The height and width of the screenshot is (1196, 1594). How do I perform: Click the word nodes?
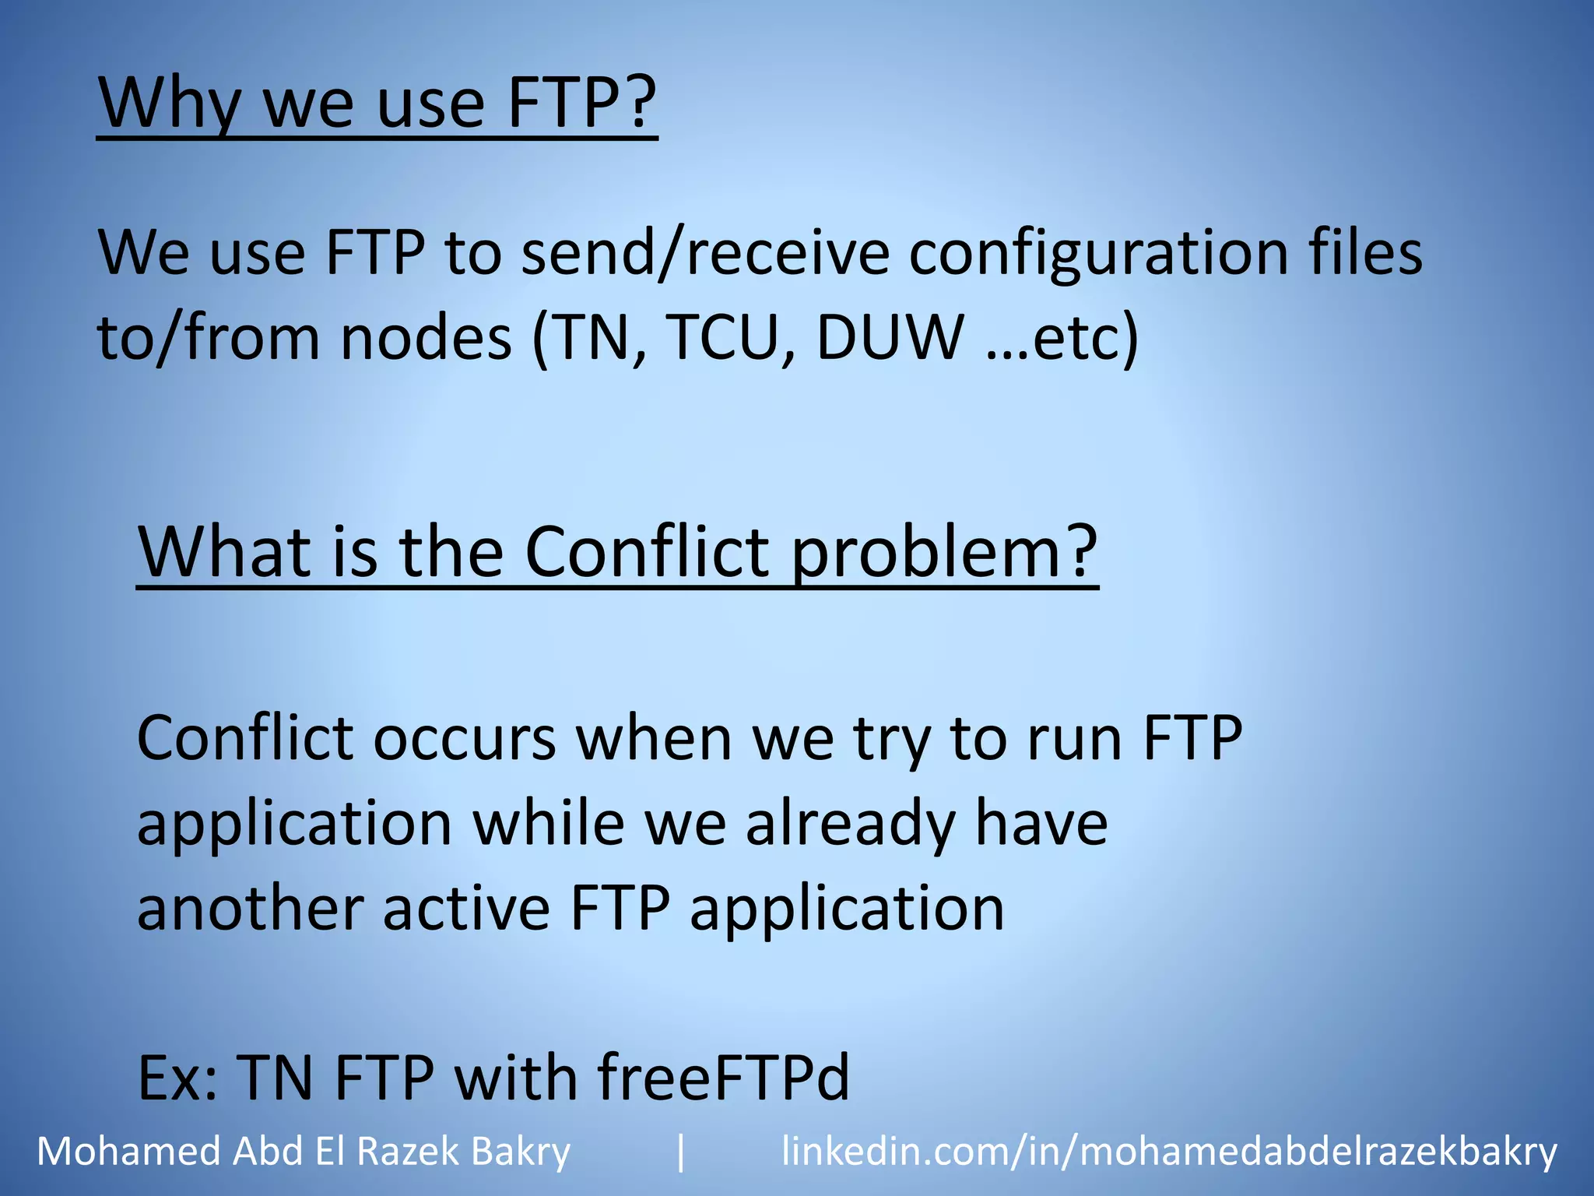(426, 339)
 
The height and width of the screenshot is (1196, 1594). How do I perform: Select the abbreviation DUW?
(890, 339)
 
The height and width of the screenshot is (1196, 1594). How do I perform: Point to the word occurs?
(464, 738)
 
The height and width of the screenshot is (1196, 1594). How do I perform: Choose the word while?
(549, 823)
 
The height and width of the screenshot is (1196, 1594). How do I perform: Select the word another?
(250, 909)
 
